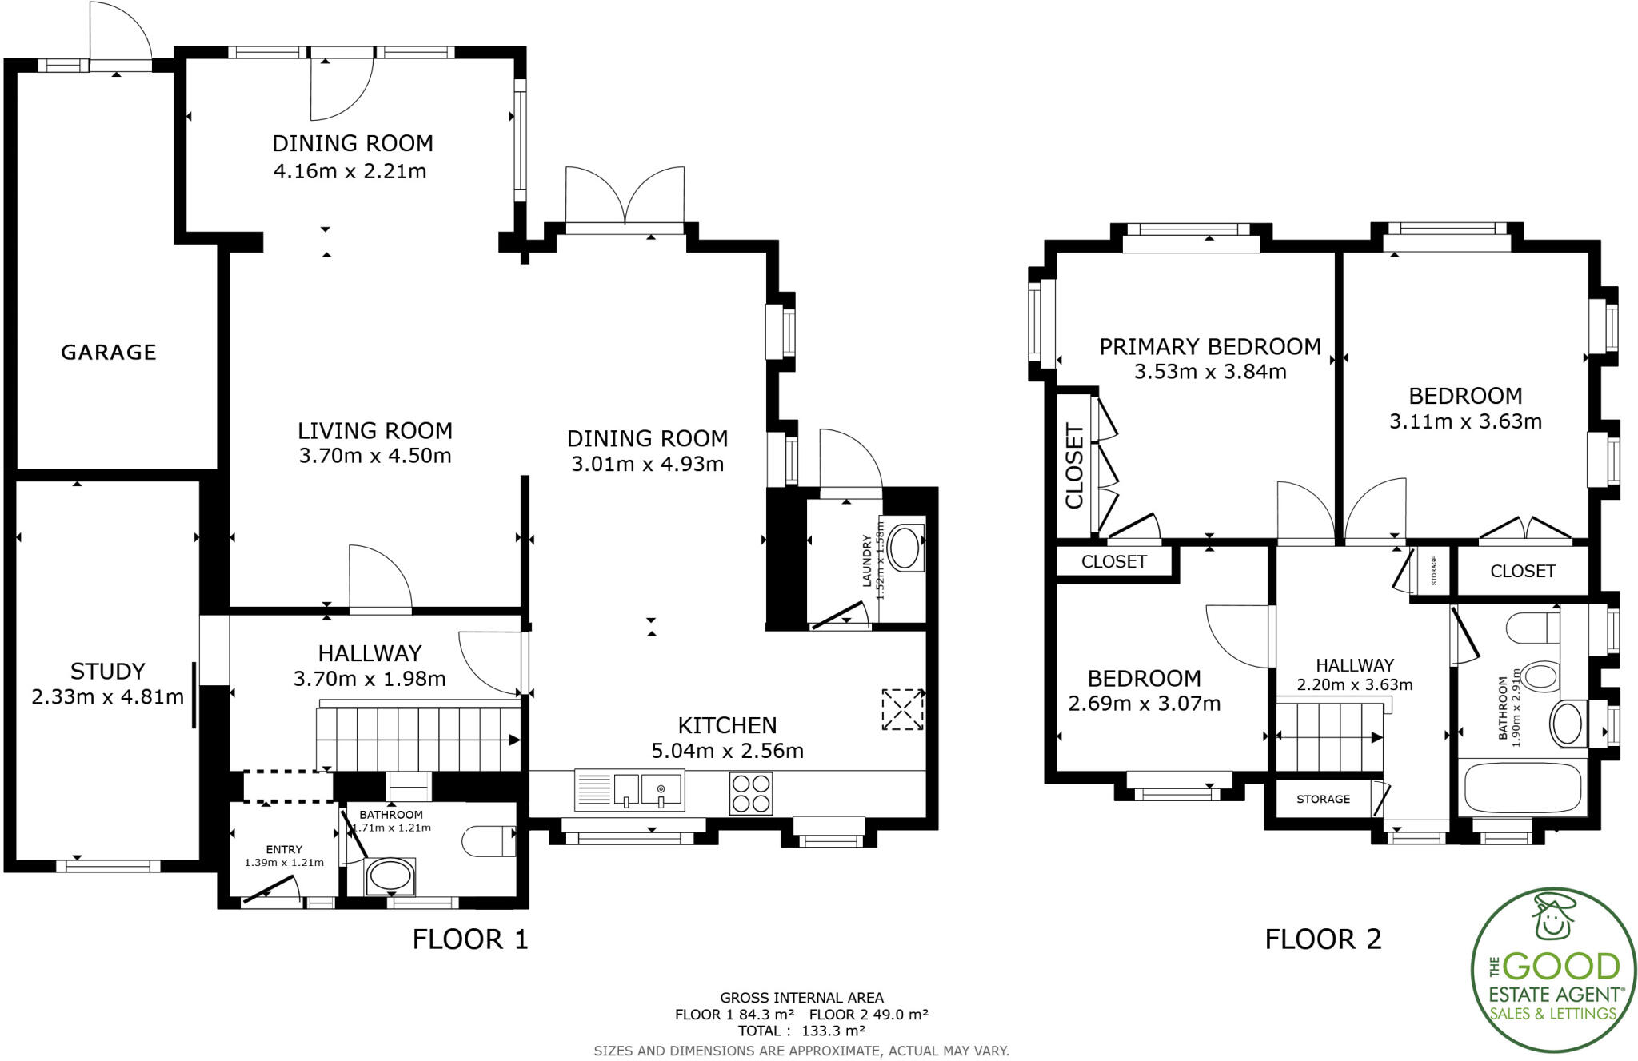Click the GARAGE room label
point(109,353)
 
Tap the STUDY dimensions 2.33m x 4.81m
point(107,697)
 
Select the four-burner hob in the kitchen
point(751,792)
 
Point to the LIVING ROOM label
point(375,431)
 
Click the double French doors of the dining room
point(625,200)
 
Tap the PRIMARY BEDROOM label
point(1209,347)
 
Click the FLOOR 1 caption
point(470,939)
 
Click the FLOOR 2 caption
point(1323,939)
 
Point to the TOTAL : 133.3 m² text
point(801,1031)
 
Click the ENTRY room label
point(284,849)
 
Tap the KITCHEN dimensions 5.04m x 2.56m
point(727,751)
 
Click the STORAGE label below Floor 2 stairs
point(1323,799)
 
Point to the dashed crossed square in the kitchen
point(902,709)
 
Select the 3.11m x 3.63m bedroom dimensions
point(1465,421)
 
